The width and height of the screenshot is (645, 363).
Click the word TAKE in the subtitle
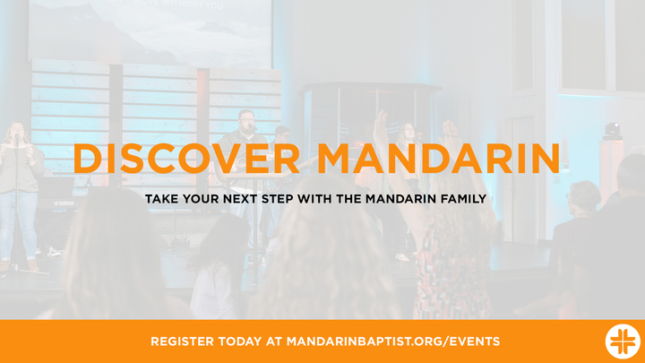coord(160,198)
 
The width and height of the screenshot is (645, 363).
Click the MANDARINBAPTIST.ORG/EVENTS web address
coord(393,341)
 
